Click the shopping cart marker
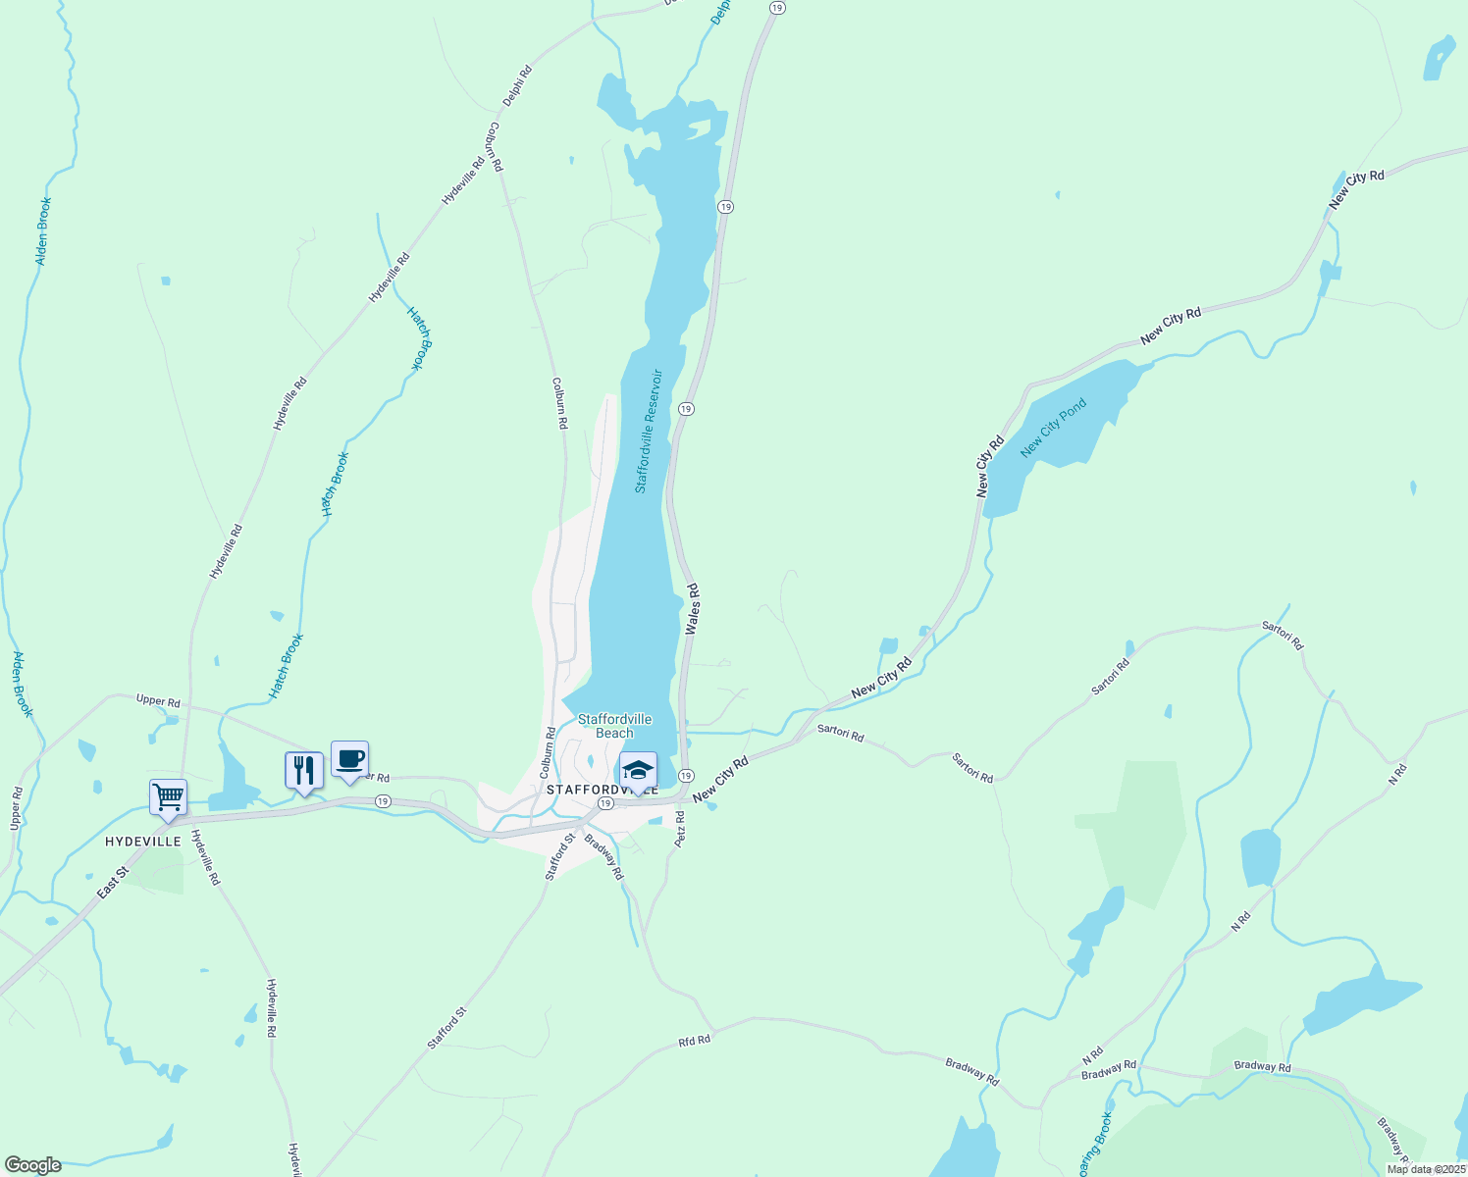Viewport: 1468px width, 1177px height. (x=168, y=797)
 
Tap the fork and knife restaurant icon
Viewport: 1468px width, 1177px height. (x=304, y=770)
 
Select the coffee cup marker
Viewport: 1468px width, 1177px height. (x=349, y=759)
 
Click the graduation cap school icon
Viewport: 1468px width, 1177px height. (x=638, y=771)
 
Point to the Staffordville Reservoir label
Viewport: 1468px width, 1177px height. (x=648, y=432)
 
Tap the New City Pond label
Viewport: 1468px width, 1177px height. (x=1054, y=428)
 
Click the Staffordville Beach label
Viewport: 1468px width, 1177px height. (x=614, y=726)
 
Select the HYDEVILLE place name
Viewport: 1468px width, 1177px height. (x=143, y=842)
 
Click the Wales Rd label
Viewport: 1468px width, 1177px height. (x=692, y=609)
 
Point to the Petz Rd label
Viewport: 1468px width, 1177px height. (x=679, y=829)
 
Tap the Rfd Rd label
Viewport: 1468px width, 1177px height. (x=694, y=1040)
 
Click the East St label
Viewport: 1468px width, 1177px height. (x=113, y=883)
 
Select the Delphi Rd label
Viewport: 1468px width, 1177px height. (x=517, y=85)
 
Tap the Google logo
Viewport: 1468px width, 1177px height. (x=32, y=1165)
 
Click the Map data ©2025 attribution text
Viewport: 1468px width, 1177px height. (x=1425, y=1169)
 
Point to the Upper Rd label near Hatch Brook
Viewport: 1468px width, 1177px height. (x=158, y=701)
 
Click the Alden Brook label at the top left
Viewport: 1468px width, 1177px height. (x=43, y=231)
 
